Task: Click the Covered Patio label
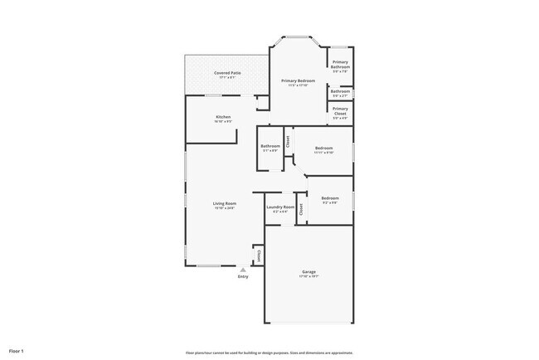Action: [226, 73]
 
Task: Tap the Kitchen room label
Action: [223, 117]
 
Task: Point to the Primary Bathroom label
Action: [341, 65]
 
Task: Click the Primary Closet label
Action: [341, 110]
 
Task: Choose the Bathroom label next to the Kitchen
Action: [270, 146]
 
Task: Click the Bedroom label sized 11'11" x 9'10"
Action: [323, 148]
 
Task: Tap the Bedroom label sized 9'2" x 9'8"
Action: [330, 198]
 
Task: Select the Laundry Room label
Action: [280, 207]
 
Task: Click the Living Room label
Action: [225, 204]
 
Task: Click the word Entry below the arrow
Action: [243, 277]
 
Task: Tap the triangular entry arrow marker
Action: [243, 270]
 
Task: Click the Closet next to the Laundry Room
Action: [301, 209]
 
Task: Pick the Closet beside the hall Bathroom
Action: [288, 141]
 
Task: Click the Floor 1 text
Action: [17, 351]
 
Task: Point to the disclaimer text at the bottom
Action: [269, 352]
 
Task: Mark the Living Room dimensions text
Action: [225, 208]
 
